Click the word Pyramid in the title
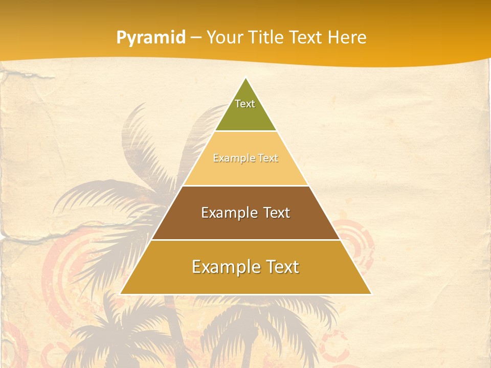151,38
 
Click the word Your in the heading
226,37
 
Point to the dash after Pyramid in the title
196,38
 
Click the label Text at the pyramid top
245,104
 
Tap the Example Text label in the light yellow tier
245,158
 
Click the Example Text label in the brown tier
245,213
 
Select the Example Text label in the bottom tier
245,267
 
